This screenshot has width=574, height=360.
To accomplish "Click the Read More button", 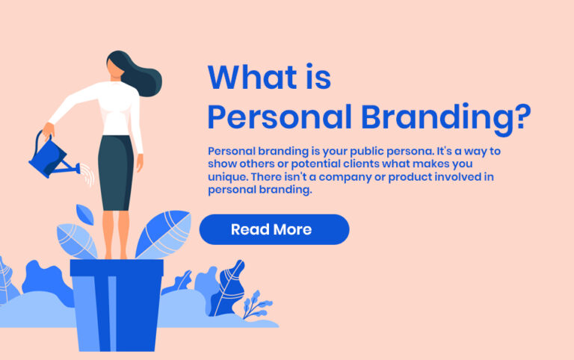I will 274,229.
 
